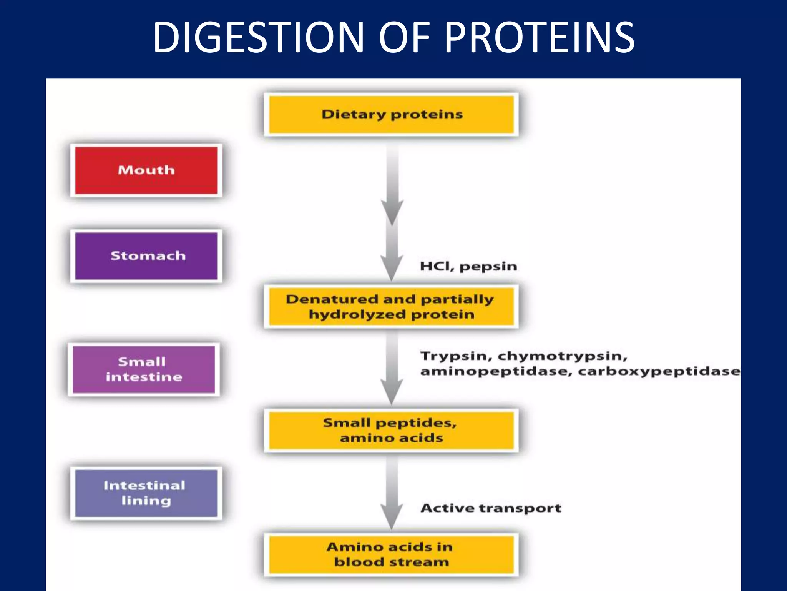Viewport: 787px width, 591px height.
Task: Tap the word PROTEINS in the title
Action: pos(540,37)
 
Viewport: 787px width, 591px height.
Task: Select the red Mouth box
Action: pos(146,170)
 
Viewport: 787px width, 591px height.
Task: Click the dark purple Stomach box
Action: pos(146,256)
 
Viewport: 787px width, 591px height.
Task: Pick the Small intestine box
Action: pos(144,369)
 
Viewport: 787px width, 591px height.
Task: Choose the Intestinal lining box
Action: pos(146,493)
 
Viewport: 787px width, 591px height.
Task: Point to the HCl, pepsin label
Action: pos(468,266)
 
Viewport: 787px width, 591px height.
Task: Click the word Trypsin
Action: pos(456,356)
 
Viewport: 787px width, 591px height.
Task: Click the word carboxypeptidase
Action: pos(659,371)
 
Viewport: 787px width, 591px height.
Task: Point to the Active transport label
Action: pos(491,508)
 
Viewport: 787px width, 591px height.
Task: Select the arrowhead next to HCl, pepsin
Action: pos(392,267)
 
